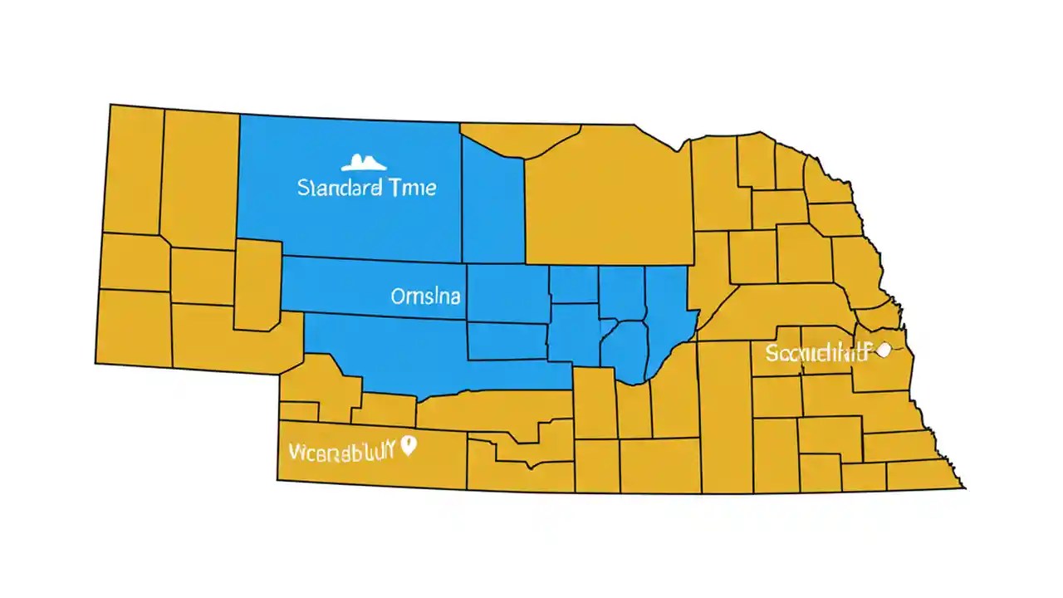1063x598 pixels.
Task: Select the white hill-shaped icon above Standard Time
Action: pos(365,162)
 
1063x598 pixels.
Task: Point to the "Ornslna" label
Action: pos(425,297)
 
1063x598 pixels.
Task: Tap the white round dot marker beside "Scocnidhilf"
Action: pos(883,350)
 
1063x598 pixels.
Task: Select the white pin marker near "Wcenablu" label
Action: pos(407,446)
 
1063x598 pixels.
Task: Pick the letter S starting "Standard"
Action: pos(302,188)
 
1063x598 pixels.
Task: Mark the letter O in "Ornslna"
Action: pos(397,297)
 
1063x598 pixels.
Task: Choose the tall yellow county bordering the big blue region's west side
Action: pos(200,179)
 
